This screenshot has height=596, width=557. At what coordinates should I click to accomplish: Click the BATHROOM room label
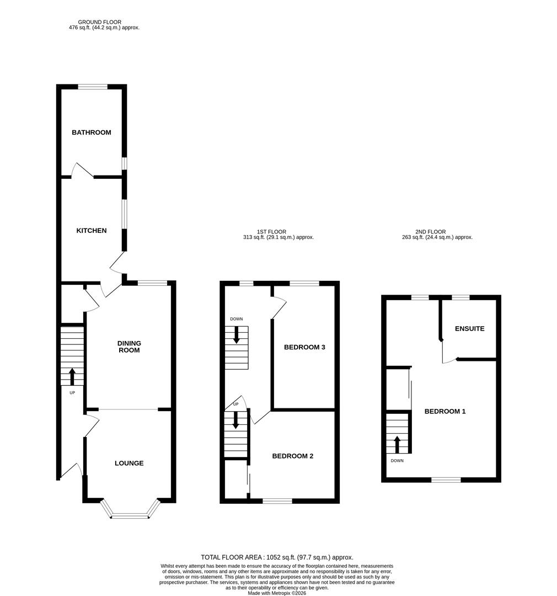click(x=91, y=132)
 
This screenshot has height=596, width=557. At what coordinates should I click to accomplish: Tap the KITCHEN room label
click(x=91, y=231)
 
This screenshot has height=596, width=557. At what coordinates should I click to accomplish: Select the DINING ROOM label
click(x=128, y=347)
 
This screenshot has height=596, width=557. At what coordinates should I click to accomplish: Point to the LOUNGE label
click(x=129, y=464)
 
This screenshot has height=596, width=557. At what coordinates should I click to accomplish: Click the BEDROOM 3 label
click(x=304, y=348)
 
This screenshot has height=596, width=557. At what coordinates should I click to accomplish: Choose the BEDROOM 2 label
click(x=293, y=456)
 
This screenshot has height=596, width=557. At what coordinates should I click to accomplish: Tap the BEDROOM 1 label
click(x=444, y=412)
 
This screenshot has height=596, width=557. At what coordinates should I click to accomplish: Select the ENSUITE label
click(x=469, y=329)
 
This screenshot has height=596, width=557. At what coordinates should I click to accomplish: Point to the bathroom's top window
click(x=92, y=87)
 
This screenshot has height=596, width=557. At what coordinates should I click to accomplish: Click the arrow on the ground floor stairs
click(x=72, y=376)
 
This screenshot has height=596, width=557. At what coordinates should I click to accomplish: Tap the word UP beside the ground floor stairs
click(x=72, y=393)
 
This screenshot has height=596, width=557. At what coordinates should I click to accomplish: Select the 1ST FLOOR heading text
click(x=271, y=232)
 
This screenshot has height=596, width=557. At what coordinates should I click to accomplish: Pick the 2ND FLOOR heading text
click(x=431, y=232)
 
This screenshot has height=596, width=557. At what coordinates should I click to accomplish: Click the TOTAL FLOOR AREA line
click(x=277, y=557)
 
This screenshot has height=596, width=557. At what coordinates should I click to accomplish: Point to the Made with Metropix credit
click(x=277, y=593)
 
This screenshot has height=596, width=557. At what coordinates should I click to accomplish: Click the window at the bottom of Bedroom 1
click(x=446, y=480)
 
